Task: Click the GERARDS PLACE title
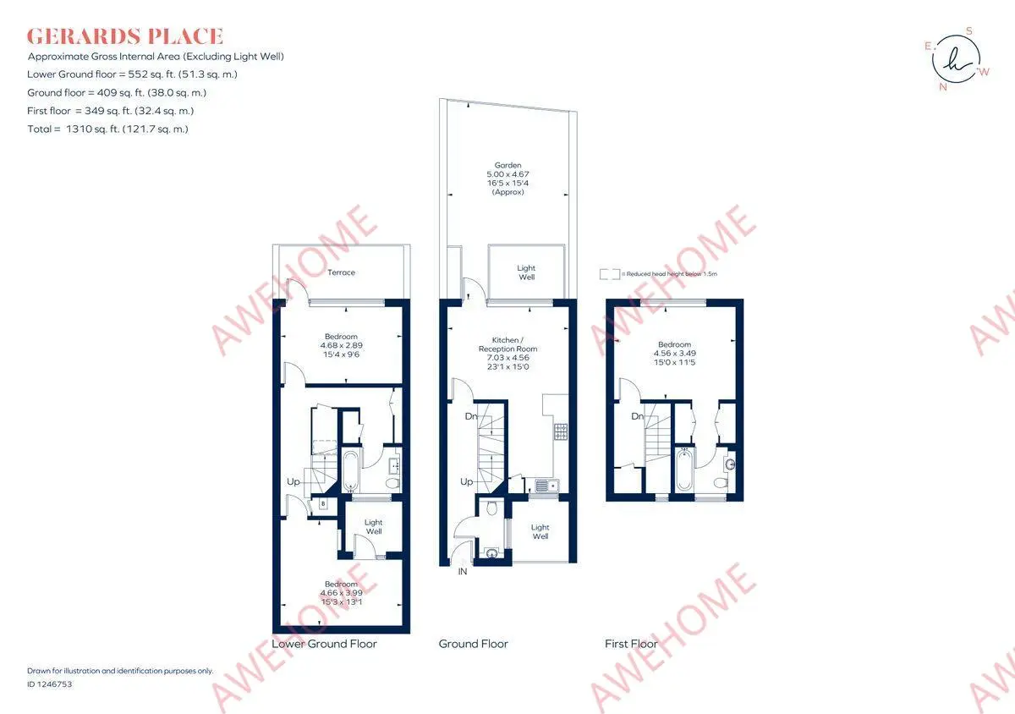125,36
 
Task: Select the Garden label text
507,166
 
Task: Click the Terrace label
341,272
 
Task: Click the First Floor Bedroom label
674,344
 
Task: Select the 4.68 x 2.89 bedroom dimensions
341,345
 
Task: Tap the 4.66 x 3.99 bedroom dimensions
341,593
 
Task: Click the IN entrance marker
463,573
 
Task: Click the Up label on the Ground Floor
466,482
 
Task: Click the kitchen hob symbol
560,431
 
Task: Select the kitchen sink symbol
543,486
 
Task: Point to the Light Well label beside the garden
526,272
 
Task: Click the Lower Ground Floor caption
324,644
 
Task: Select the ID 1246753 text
50,684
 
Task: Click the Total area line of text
107,129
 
